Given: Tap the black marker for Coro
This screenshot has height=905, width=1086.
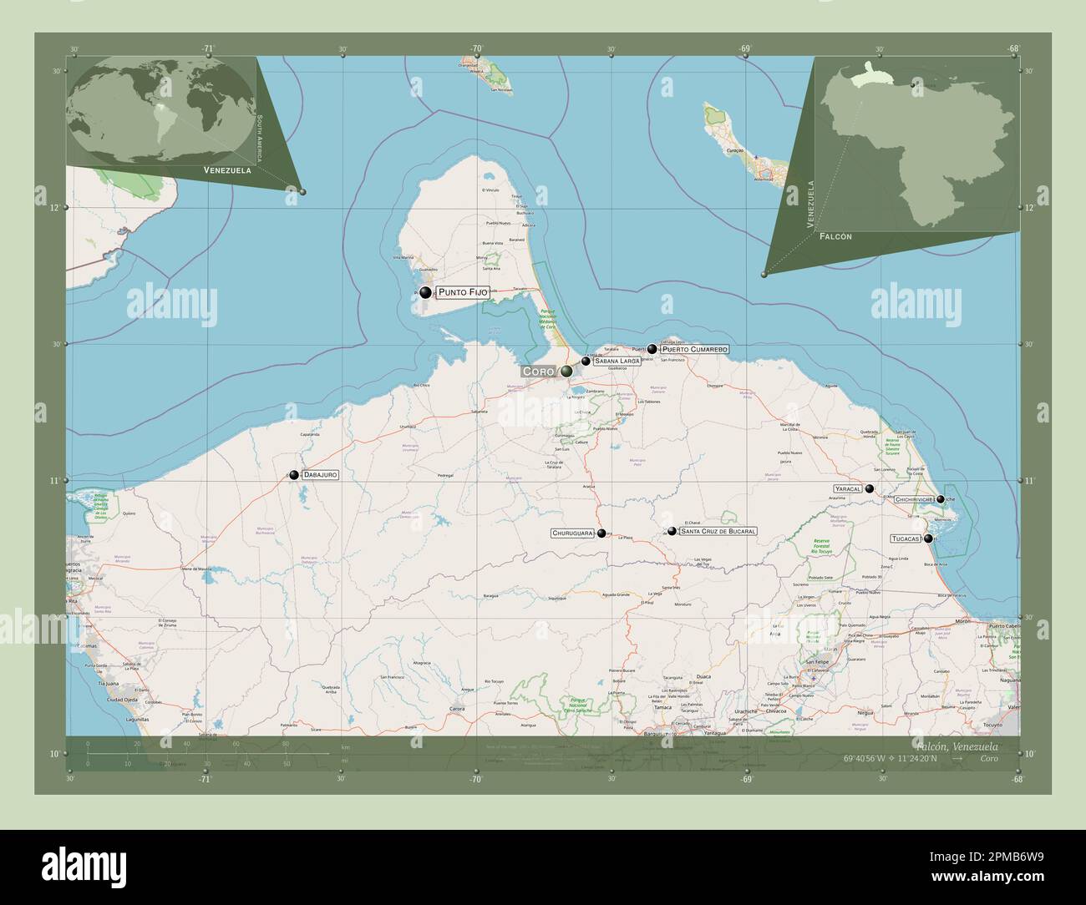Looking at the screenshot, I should pyautogui.click(x=567, y=371).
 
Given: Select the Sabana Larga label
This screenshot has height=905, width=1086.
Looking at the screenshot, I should pyautogui.click(x=617, y=361).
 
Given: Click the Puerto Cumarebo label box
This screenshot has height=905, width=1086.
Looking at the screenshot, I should pyautogui.click(x=695, y=349).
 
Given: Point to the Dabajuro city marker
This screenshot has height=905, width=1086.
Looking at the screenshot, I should pyautogui.click(x=294, y=475).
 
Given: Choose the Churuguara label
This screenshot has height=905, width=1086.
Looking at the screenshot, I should pyautogui.click(x=573, y=533).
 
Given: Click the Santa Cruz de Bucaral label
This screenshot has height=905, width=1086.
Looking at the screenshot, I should pyautogui.click(x=718, y=531).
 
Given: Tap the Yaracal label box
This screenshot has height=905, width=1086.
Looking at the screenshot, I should pyautogui.click(x=847, y=488).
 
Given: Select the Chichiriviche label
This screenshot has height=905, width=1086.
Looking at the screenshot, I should pyautogui.click(x=913, y=499).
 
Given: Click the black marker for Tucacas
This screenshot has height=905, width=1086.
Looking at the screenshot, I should pyautogui.click(x=928, y=538).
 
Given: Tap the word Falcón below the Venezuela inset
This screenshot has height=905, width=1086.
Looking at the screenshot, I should pyautogui.click(x=836, y=237).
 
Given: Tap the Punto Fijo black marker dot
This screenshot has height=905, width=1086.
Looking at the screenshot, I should pyautogui.click(x=426, y=292).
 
